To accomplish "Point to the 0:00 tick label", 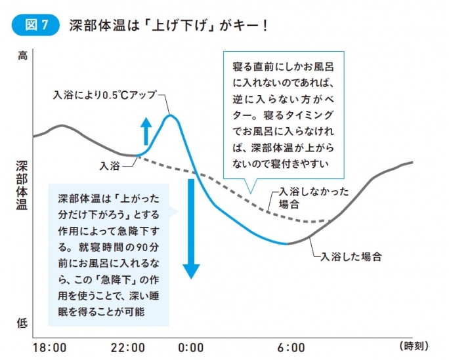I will coord(190,346).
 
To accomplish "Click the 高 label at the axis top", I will coord(22,57).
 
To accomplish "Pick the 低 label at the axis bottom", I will coord(22,323).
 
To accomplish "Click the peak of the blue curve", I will coord(171,115).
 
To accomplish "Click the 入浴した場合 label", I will coord(351,256).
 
